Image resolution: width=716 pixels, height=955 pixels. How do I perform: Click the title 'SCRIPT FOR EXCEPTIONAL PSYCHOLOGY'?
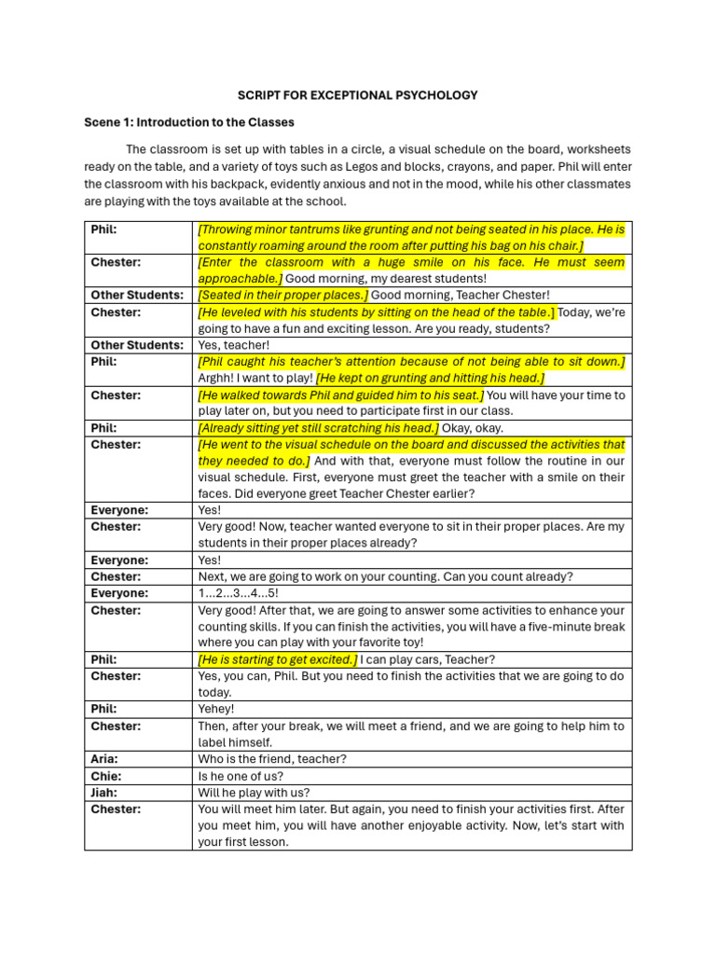(358, 95)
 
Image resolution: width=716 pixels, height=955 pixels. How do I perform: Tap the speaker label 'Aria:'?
(105, 759)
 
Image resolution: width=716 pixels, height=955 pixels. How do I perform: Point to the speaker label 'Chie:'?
(106, 776)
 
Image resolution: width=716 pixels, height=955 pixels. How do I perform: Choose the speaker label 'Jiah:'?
(105, 793)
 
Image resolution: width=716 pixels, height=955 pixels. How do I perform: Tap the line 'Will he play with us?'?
(254, 793)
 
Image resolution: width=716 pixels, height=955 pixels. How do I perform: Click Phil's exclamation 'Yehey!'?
(216, 709)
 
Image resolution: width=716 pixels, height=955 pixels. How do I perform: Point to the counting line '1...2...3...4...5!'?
(238, 593)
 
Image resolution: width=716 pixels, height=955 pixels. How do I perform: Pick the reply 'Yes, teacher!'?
(233, 345)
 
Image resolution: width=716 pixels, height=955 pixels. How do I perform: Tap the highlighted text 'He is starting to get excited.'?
(277, 659)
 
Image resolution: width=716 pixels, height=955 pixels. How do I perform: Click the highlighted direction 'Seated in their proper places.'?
(282, 295)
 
